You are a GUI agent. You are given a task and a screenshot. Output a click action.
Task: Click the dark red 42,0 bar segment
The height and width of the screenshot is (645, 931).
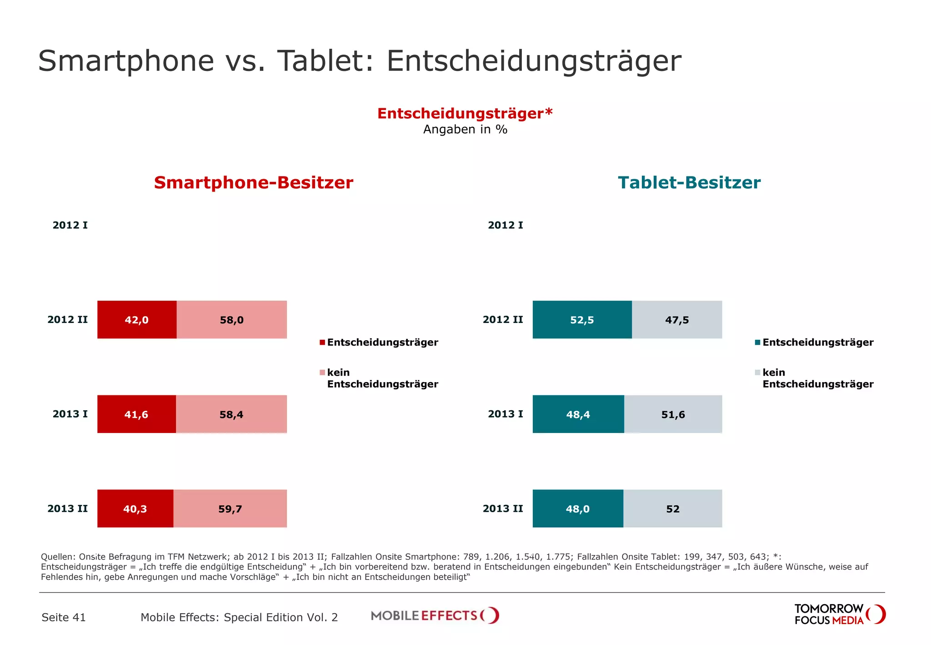tap(137, 319)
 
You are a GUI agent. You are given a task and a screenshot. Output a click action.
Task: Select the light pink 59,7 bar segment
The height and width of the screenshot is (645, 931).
tap(230, 508)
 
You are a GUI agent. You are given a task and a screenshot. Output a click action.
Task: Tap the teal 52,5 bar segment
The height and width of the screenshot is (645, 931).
tap(582, 319)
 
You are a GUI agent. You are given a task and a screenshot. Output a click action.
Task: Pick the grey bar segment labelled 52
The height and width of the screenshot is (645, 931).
tap(672, 508)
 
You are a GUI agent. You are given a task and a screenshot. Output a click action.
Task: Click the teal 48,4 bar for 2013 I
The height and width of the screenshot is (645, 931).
tap(578, 414)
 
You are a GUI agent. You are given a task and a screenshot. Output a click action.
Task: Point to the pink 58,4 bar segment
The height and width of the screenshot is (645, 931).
tap(231, 414)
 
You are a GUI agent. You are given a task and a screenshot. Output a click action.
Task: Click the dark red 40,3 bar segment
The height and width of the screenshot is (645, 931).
tap(135, 508)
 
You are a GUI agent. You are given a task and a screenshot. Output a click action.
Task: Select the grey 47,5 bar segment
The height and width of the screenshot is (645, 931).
tap(676, 319)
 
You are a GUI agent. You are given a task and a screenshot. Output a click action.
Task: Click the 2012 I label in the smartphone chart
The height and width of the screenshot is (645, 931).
tap(70, 225)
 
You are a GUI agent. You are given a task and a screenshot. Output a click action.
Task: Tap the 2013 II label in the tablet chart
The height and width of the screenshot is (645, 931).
tap(503, 509)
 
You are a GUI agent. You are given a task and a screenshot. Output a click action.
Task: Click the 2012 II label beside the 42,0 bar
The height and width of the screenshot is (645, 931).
tap(67, 319)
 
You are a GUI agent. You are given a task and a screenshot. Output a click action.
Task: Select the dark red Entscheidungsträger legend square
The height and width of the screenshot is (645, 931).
tap(322, 343)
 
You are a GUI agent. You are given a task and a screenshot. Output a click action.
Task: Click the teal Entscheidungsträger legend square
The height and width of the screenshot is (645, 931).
tap(757, 343)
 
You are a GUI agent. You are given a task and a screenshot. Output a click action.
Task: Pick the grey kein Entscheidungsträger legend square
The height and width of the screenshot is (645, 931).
tap(757, 373)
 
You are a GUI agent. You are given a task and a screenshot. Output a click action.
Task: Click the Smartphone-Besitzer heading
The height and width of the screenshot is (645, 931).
tap(253, 182)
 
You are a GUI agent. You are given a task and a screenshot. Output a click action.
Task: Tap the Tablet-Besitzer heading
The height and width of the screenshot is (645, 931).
tap(689, 182)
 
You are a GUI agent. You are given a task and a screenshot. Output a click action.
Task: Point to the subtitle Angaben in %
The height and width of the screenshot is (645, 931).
tap(465, 130)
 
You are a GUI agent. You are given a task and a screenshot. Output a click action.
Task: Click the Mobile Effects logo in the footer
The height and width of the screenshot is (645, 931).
tap(435, 615)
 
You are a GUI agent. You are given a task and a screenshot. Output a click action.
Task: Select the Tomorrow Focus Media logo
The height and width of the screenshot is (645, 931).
tap(839, 615)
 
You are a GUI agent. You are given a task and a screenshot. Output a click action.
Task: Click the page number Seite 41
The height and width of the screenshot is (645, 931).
tap(64, 617)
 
